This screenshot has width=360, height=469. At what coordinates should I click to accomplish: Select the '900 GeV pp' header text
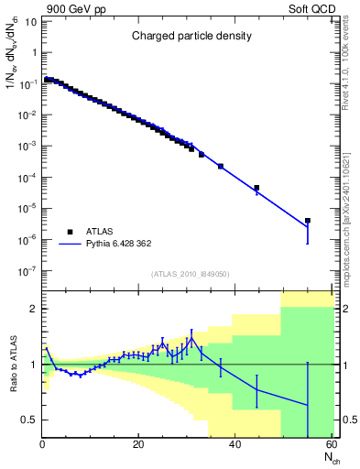(x=74, y=7)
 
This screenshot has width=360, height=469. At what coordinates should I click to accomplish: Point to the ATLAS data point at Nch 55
(x=308, y=221)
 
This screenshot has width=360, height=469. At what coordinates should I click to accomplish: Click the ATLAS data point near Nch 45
(x=256, y=188)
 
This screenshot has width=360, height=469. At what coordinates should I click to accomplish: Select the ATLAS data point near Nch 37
(x=221, y=166)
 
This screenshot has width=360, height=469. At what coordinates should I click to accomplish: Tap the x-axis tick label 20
(x=137, y=444)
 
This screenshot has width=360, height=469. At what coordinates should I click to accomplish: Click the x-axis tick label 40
(x=235, y=444)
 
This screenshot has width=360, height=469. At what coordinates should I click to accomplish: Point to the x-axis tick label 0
(x=42, y=444)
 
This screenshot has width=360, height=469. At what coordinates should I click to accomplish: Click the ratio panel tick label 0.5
(x=29, y=420)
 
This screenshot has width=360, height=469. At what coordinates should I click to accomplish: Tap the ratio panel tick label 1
(x=33, y=365)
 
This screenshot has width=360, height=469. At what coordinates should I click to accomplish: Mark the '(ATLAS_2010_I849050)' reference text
(x=190, y=274)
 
